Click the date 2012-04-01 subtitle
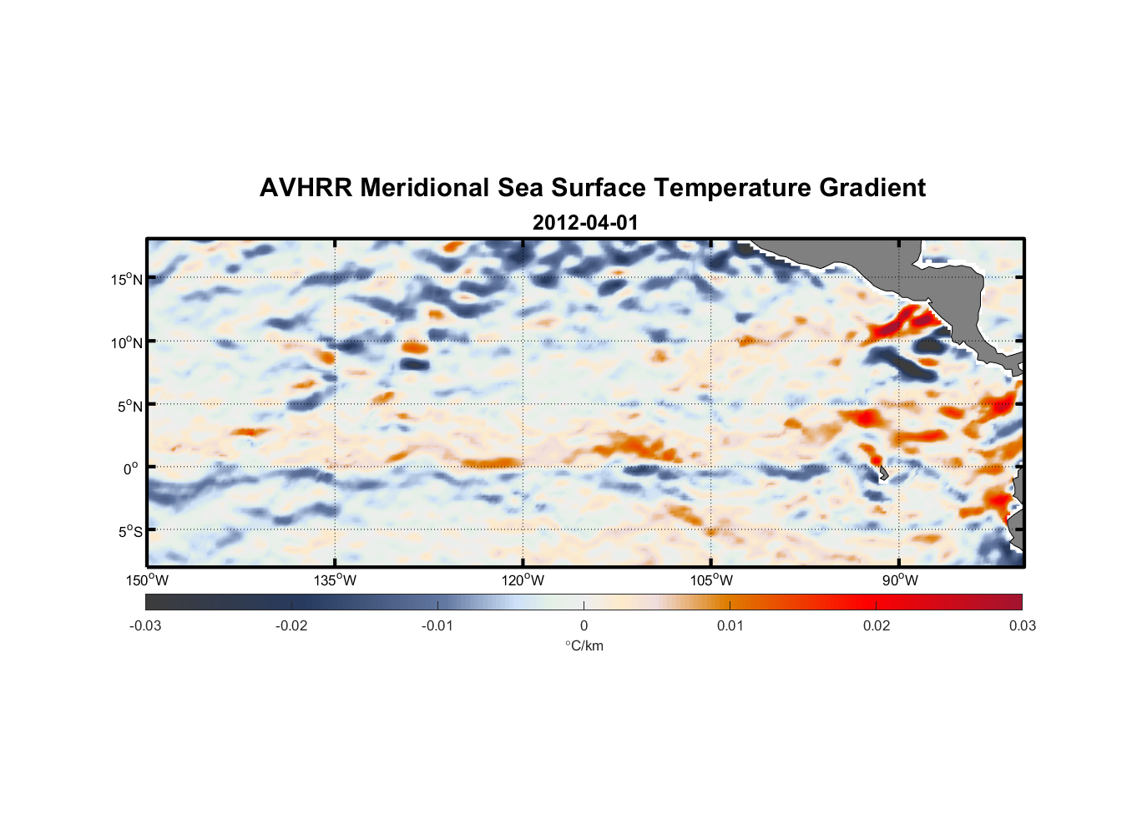[584, 223]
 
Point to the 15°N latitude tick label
[127, 279]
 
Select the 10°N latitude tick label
[127, 342]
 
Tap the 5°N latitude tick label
[129, 406]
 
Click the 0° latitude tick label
[131, 468]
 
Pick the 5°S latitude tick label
[129, 532]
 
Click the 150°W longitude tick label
[148, 580]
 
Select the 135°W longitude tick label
[336, 580]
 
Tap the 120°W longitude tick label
[523, 580]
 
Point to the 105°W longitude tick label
[711, 580]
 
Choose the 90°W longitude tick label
[899, 580]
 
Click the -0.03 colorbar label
[145, 625]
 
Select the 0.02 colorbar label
[877, 625]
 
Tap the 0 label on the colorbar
[584, 625]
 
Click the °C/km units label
[584, 645]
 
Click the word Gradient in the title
[872, 188]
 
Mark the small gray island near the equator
[883, 473]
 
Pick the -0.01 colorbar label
[437, 625]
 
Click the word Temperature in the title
[732, 188]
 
